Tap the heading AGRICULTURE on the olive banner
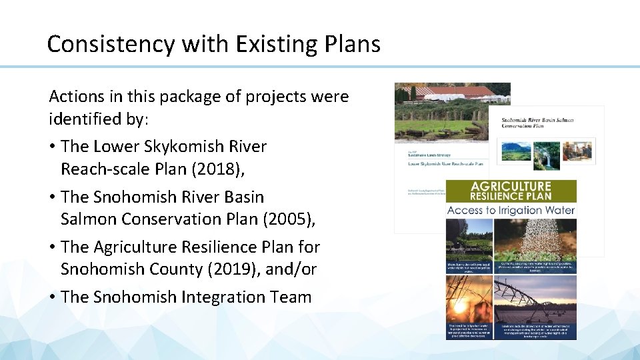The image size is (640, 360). coord(511,186)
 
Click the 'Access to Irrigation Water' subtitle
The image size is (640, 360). coord(511,211)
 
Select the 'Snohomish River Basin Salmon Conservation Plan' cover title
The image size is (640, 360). coord(537,124)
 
